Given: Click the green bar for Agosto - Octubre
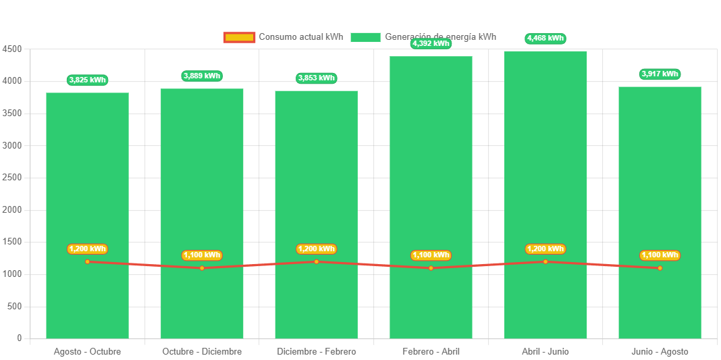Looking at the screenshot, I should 87,169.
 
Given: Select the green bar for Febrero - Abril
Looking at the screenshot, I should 431,155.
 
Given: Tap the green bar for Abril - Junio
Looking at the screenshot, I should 545,155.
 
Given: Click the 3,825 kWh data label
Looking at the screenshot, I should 87,80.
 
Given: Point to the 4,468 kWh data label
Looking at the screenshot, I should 545,38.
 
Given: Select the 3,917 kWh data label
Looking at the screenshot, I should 660,74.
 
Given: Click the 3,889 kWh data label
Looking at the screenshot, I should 202,76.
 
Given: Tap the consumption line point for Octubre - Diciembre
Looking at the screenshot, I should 202,268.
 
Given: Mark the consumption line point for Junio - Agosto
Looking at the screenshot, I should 660,268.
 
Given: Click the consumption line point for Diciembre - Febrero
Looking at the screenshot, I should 316,261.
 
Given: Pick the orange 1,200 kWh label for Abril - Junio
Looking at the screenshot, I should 545,249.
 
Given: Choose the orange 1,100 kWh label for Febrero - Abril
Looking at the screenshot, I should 431,255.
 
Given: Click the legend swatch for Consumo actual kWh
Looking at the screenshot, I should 239,37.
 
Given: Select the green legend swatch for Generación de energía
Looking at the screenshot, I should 365,37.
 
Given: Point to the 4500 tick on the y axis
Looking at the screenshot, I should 12,49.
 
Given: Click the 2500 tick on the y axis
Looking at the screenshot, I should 12,178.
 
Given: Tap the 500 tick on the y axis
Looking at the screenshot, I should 14,306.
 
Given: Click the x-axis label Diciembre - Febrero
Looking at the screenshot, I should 316,352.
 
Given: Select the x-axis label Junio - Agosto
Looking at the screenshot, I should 660,352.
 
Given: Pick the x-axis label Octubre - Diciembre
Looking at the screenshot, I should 202,352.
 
